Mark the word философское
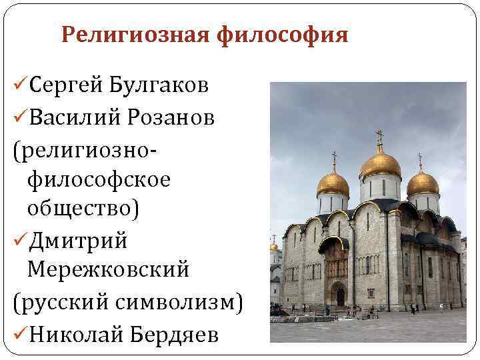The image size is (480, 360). coord(99,179)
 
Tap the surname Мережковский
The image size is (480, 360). coord(109,271)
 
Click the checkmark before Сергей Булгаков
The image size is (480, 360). coord(19,86)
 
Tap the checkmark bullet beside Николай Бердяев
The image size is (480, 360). coord(19,333)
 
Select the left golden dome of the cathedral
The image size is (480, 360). coord(333,183)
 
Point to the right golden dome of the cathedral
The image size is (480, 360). coord(423,182)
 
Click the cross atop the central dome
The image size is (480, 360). coord(380,137)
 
